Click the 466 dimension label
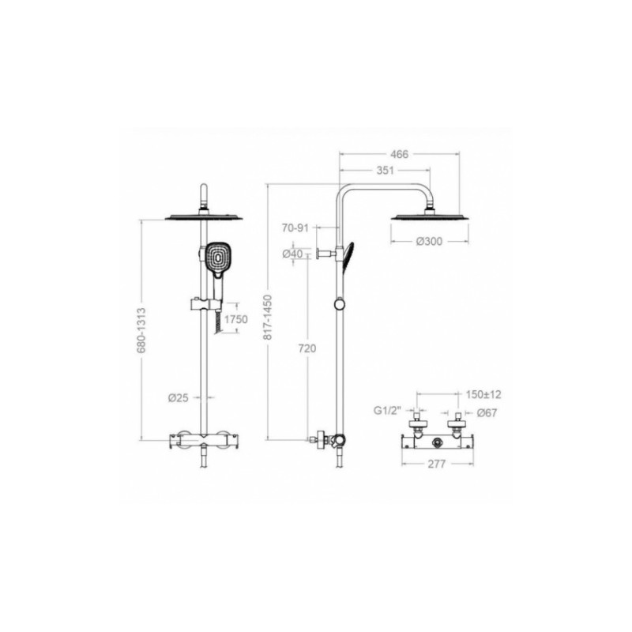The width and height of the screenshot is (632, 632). coord(400,154)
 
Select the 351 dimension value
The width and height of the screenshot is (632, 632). coord(385,171)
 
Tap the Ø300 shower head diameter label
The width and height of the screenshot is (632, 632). coord(429,242)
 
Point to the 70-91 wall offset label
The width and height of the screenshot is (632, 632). coord(295,228)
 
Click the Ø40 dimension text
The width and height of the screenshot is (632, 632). coord(292,254)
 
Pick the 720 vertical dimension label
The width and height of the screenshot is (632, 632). coord(307,348)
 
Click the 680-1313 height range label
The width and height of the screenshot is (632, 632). coord(141,330)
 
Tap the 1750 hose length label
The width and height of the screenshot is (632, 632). coord(235,320)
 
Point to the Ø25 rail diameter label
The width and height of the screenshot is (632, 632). coord(179,398)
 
